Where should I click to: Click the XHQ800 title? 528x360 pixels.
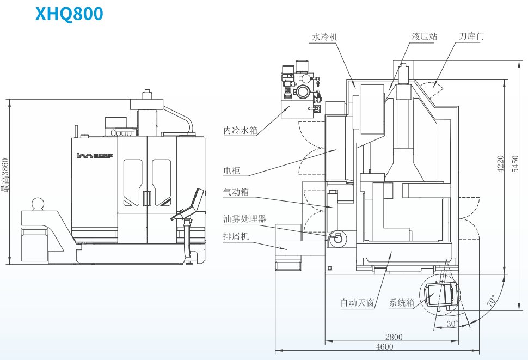(x=69, y=14)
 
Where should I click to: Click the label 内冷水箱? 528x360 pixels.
(x=240, y=130)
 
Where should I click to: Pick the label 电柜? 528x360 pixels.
(x=232, y=170)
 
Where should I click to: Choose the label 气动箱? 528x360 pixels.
(x=236, y=192)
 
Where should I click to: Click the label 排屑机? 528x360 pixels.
(x=236, y=236)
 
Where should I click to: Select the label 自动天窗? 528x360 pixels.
(x=357, y=303)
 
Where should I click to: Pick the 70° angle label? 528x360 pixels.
(x=492, y=301)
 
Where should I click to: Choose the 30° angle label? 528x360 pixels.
(x=451, y=323)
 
